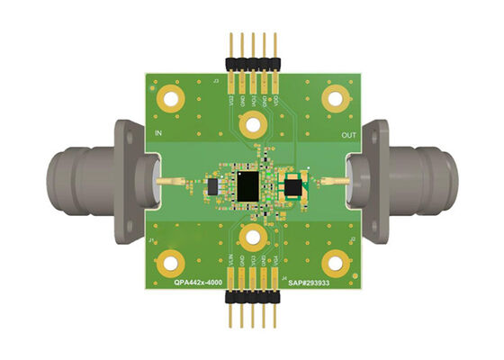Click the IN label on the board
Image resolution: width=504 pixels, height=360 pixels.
point(159,134)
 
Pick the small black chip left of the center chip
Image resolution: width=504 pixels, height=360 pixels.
point(213,187)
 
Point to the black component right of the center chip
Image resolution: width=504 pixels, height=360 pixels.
point(292,187)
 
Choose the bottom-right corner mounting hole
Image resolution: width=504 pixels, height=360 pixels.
point(336,263)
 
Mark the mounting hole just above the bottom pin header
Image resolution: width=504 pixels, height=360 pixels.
point(253,241)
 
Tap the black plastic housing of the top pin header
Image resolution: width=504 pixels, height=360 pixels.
point(253,63)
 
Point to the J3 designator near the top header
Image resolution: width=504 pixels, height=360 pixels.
point(215,82)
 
